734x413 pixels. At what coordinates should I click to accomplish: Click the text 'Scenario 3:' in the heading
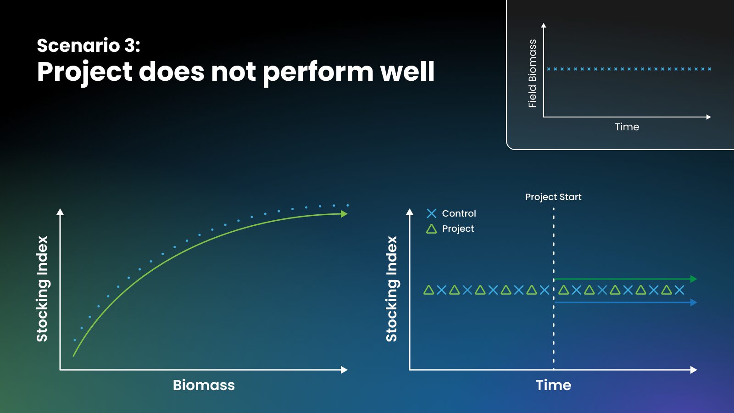pos(89,45)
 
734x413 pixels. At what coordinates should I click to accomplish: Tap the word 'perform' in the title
pos(318,73)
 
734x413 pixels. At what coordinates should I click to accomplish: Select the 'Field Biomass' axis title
pos(533,73)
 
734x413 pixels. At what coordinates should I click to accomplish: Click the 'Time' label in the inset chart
pos(627,127)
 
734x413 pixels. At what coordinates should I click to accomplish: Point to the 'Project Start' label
pos(553,197)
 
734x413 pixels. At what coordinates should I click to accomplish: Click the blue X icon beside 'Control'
pos(432,213)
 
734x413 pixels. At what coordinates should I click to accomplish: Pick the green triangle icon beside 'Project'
pos(432,229)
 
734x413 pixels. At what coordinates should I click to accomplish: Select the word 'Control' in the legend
pos(459,213)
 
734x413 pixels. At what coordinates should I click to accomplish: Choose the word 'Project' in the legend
pos(458,229)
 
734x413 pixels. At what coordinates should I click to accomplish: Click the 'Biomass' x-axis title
pos(204,385)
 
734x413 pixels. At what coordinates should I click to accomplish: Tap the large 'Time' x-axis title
pos(553,385)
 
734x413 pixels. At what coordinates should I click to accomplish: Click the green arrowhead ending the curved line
pos(344,214)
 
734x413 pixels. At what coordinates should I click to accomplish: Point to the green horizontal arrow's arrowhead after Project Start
pos(694,279)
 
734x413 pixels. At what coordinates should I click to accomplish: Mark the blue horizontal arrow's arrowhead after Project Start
pos(694,302)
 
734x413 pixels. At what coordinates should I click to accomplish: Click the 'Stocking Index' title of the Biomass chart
pos(42,289)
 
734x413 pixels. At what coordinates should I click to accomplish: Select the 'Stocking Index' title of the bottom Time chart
pos(392,289)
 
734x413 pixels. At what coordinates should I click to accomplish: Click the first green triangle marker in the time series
pos(428,290)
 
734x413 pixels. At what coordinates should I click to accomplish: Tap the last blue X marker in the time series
pos(679,290)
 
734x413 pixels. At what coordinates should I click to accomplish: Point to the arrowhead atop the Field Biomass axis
pos(544,25)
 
